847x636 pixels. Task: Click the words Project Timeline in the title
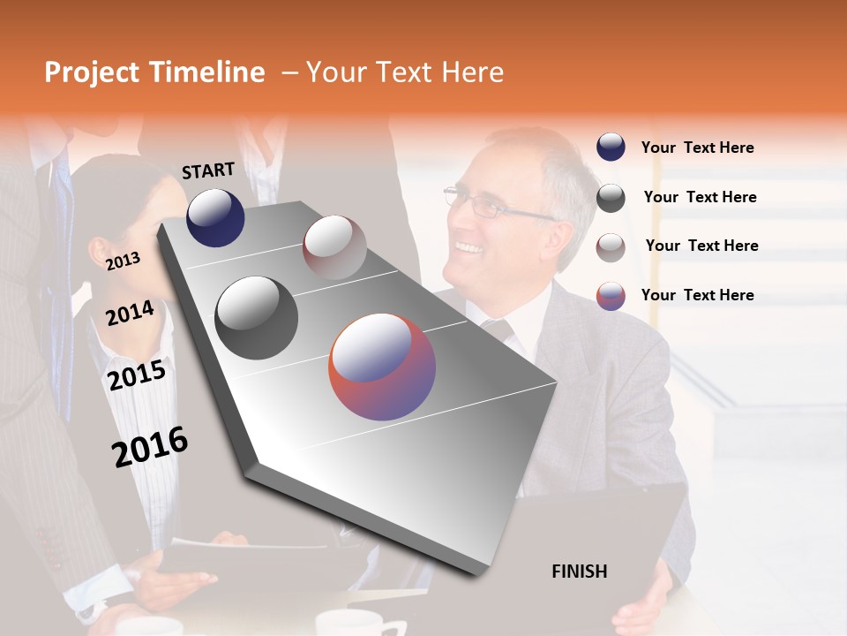coord(154,72)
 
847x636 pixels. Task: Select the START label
coord(208,170)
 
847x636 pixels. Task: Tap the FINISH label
coord(579,572)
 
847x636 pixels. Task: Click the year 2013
coord(123,261)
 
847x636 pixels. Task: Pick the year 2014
coord(130,313)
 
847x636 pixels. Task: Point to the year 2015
coord(136,375)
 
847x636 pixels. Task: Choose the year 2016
coord(150,446)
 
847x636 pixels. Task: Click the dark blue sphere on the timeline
coord(215,217)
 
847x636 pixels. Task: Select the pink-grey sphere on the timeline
coord(334,247)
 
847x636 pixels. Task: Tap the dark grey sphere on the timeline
coord(257,318)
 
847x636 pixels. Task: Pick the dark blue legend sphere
coord(611,148)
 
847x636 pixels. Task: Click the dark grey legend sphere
coord(611,198)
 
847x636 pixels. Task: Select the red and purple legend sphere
coord(611,296)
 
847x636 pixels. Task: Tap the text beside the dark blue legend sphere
coord(697,148)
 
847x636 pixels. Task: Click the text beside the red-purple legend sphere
coord(697,295)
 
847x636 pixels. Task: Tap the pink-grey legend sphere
coord(611,247)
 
